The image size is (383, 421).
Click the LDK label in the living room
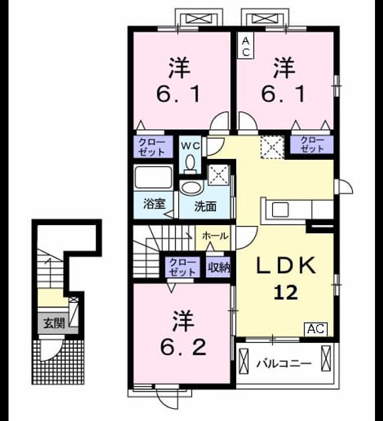point(286,265)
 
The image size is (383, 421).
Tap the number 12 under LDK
point(286,293)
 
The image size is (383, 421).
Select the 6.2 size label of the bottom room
point(183,347)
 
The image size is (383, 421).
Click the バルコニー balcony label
point(284,364)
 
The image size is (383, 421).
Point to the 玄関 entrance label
point(55,323)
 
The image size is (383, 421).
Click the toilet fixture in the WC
point(190,163)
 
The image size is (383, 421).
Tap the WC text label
point(190,146)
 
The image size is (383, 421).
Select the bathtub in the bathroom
point(153,178)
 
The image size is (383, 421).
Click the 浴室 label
point(154,204)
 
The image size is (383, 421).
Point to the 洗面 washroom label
point(206,206)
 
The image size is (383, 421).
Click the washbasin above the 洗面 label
point(191,188)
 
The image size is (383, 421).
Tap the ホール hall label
point(216,236)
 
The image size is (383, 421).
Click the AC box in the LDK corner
point(316,329)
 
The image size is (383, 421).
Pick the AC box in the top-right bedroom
point(246,47)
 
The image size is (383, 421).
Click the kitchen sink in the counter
point(280,210)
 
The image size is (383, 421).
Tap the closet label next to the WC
point(151,147)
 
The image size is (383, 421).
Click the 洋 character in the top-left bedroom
point(179,69)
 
